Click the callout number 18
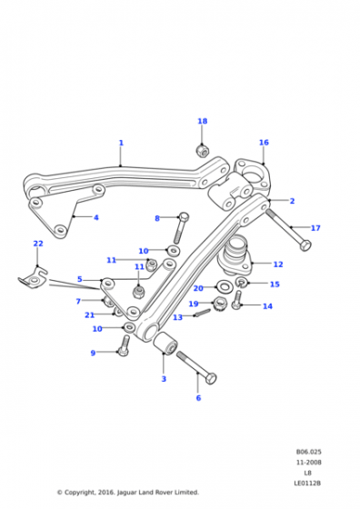coord(202,121)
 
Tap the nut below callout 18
coord(203,150)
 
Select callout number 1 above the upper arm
coord(121,143)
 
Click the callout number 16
coord(264,142)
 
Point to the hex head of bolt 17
coord(305,245)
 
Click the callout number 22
coord(38,244)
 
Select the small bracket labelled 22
coord(33,277)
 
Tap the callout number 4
coord(96,217)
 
